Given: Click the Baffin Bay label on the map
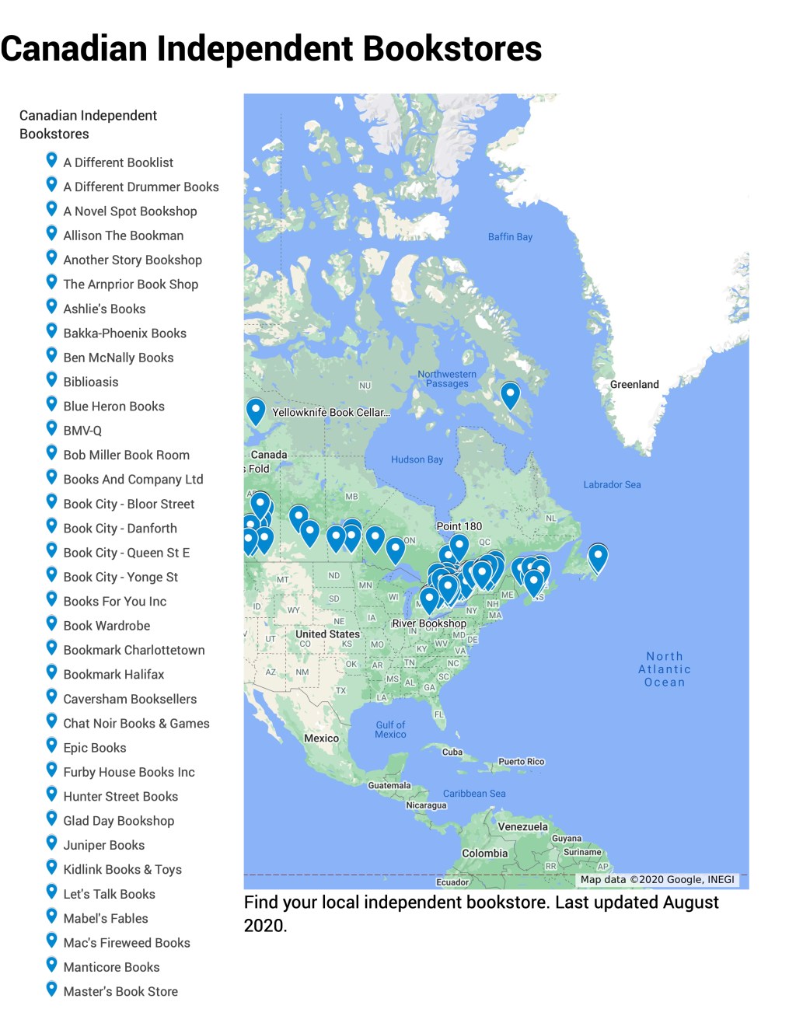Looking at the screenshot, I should [x=510, y=237].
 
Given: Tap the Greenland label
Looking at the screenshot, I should [x=634, y=385].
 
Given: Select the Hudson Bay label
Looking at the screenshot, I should [x=417, y=459].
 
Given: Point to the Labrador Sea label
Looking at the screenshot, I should [x=612, y=485].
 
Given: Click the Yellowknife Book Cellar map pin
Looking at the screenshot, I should [x=256, y=410].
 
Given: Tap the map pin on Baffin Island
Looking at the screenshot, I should [x=510, y=394].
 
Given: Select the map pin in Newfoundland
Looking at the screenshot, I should [x=598, y=557].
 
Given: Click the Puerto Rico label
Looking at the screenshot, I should [x=521, y=762].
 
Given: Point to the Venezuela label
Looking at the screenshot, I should [x=522, y=827].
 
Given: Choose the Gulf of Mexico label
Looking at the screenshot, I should [x=390, y=730].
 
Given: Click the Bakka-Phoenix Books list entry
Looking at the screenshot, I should [x=124, y=333].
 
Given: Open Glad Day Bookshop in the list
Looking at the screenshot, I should [x=118, y=821].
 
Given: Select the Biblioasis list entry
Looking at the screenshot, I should [x=91, y=382].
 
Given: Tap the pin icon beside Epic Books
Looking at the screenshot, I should [x=51, y=746].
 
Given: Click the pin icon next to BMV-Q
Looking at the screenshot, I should [x=51, y=429].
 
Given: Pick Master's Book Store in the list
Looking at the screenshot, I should [x=120, y=992].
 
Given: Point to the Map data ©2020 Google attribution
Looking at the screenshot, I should [x=657, y=880].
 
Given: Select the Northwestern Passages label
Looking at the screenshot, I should [x=447, y=379].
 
